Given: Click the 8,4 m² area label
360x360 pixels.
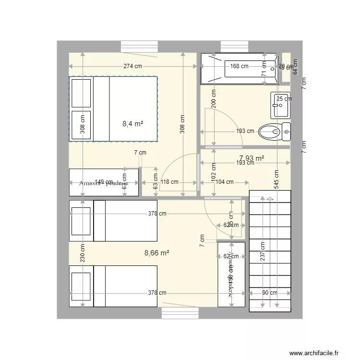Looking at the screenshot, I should coord(133,124).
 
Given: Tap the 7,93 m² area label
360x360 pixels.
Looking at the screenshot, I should coord(252,158).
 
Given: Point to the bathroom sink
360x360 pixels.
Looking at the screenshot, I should coord(280,105).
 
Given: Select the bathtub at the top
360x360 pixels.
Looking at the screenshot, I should coord(239,69).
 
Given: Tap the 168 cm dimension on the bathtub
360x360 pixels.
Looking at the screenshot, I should coord(239,66).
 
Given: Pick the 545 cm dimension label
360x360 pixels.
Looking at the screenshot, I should coord(276,179).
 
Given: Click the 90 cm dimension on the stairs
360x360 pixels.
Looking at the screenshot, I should coord(270,292).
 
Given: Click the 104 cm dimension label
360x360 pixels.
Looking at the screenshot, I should coord(224,182).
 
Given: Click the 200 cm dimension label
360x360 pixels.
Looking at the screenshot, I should coord(214,99).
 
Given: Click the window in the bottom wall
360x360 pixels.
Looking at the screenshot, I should coord(173,313).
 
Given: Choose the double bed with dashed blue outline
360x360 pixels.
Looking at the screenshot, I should coord(113,109).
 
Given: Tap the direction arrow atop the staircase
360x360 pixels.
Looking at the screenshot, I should coord(270,197).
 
